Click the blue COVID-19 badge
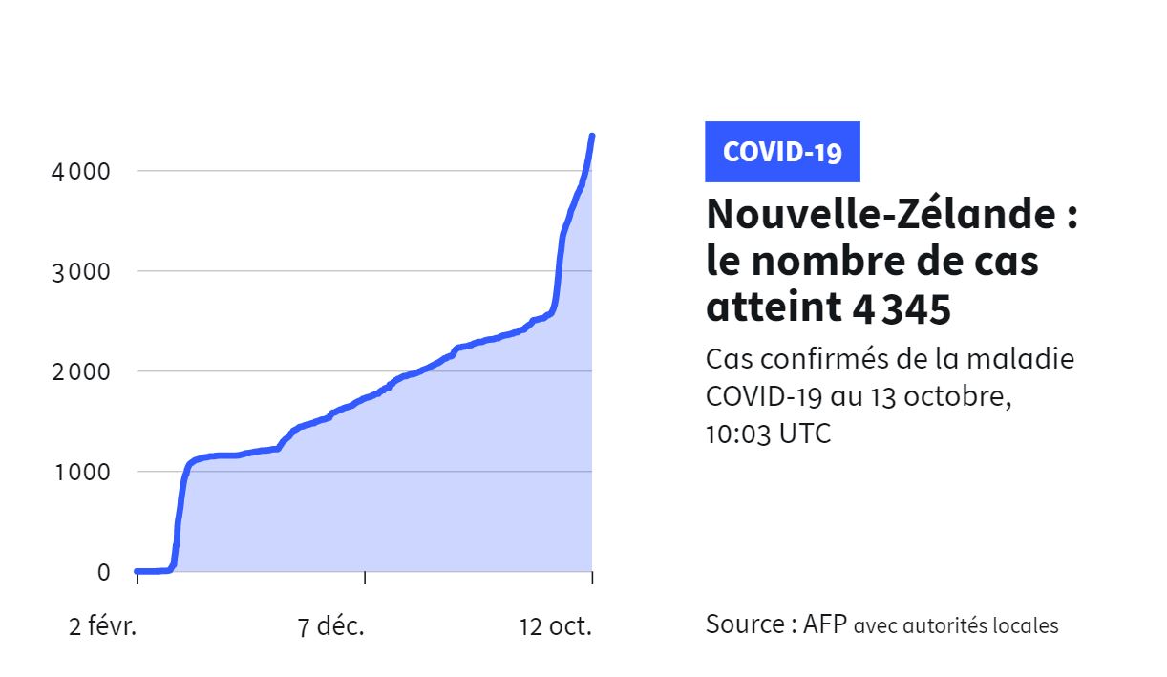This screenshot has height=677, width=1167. pyautogui.click(x=782, y=152)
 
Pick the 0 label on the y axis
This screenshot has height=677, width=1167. pyautogui.click(x=103, y=572)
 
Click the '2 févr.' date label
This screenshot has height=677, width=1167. pyautogui.click(x=103, y=627)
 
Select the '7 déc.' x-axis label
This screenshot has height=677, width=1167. pyautogui.click(x=330, y=627)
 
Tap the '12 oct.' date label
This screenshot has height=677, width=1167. pyautogui.click(x=556, y=627)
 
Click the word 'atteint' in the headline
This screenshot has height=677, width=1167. pyautogui.click(x=769, y=307)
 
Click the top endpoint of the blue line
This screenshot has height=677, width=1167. pyautogui.click(x=592, y=136)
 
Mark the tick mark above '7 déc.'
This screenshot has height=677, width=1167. pyautogui.click(x=365, y=577)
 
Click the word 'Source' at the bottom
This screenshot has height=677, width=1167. pyautogui.click(x=745, y=625)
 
